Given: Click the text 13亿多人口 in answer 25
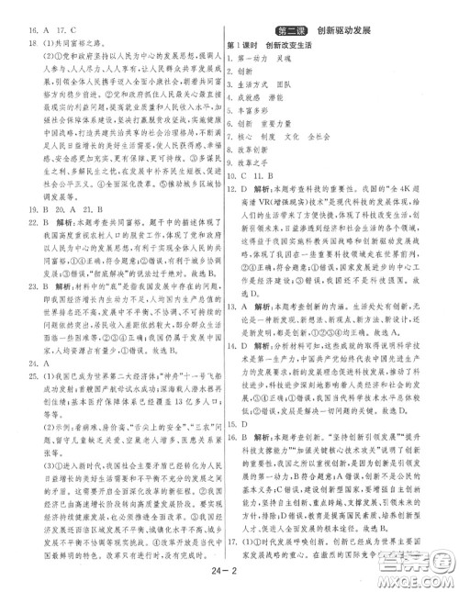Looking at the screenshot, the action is pyautogui.click(x=190, y=400).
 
